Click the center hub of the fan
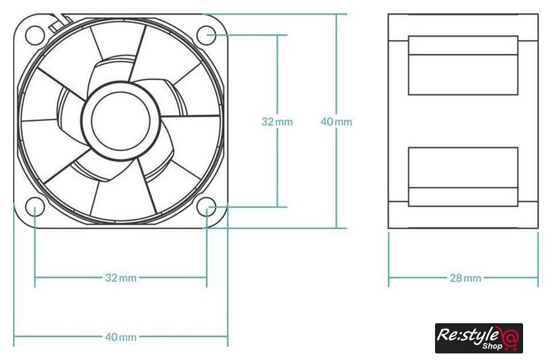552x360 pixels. click(x=121, y=121)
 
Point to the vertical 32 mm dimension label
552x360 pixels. click(x=277, y=122)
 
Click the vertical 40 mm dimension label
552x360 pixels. click(x=336, y=122)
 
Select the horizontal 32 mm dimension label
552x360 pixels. click(x=121, y=278)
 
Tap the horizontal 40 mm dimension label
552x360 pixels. click(x=121, y=337)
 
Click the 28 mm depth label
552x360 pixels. click(x=465, y=279)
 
